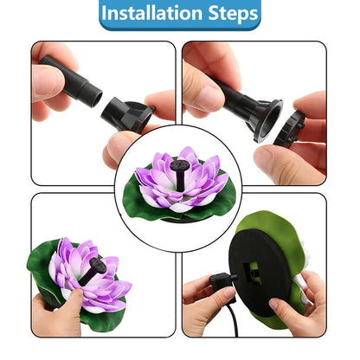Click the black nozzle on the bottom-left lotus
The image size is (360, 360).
[96, 269]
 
